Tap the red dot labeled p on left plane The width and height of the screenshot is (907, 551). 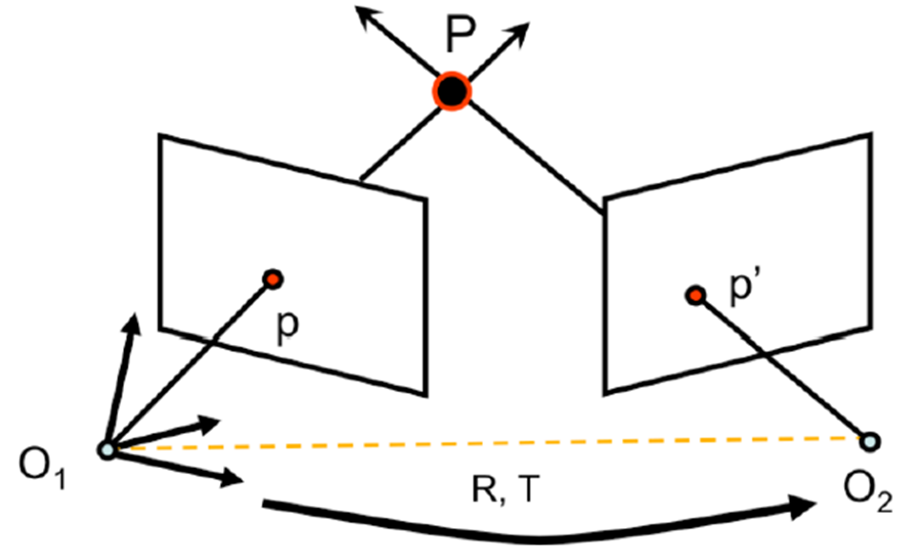pos(273,278)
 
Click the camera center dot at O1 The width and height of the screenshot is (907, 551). pos(107,449)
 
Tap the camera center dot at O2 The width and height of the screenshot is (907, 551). pos(869,440)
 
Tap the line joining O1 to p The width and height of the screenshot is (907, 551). pos(191,362)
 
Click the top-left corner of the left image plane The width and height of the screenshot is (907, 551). pos(160,136)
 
